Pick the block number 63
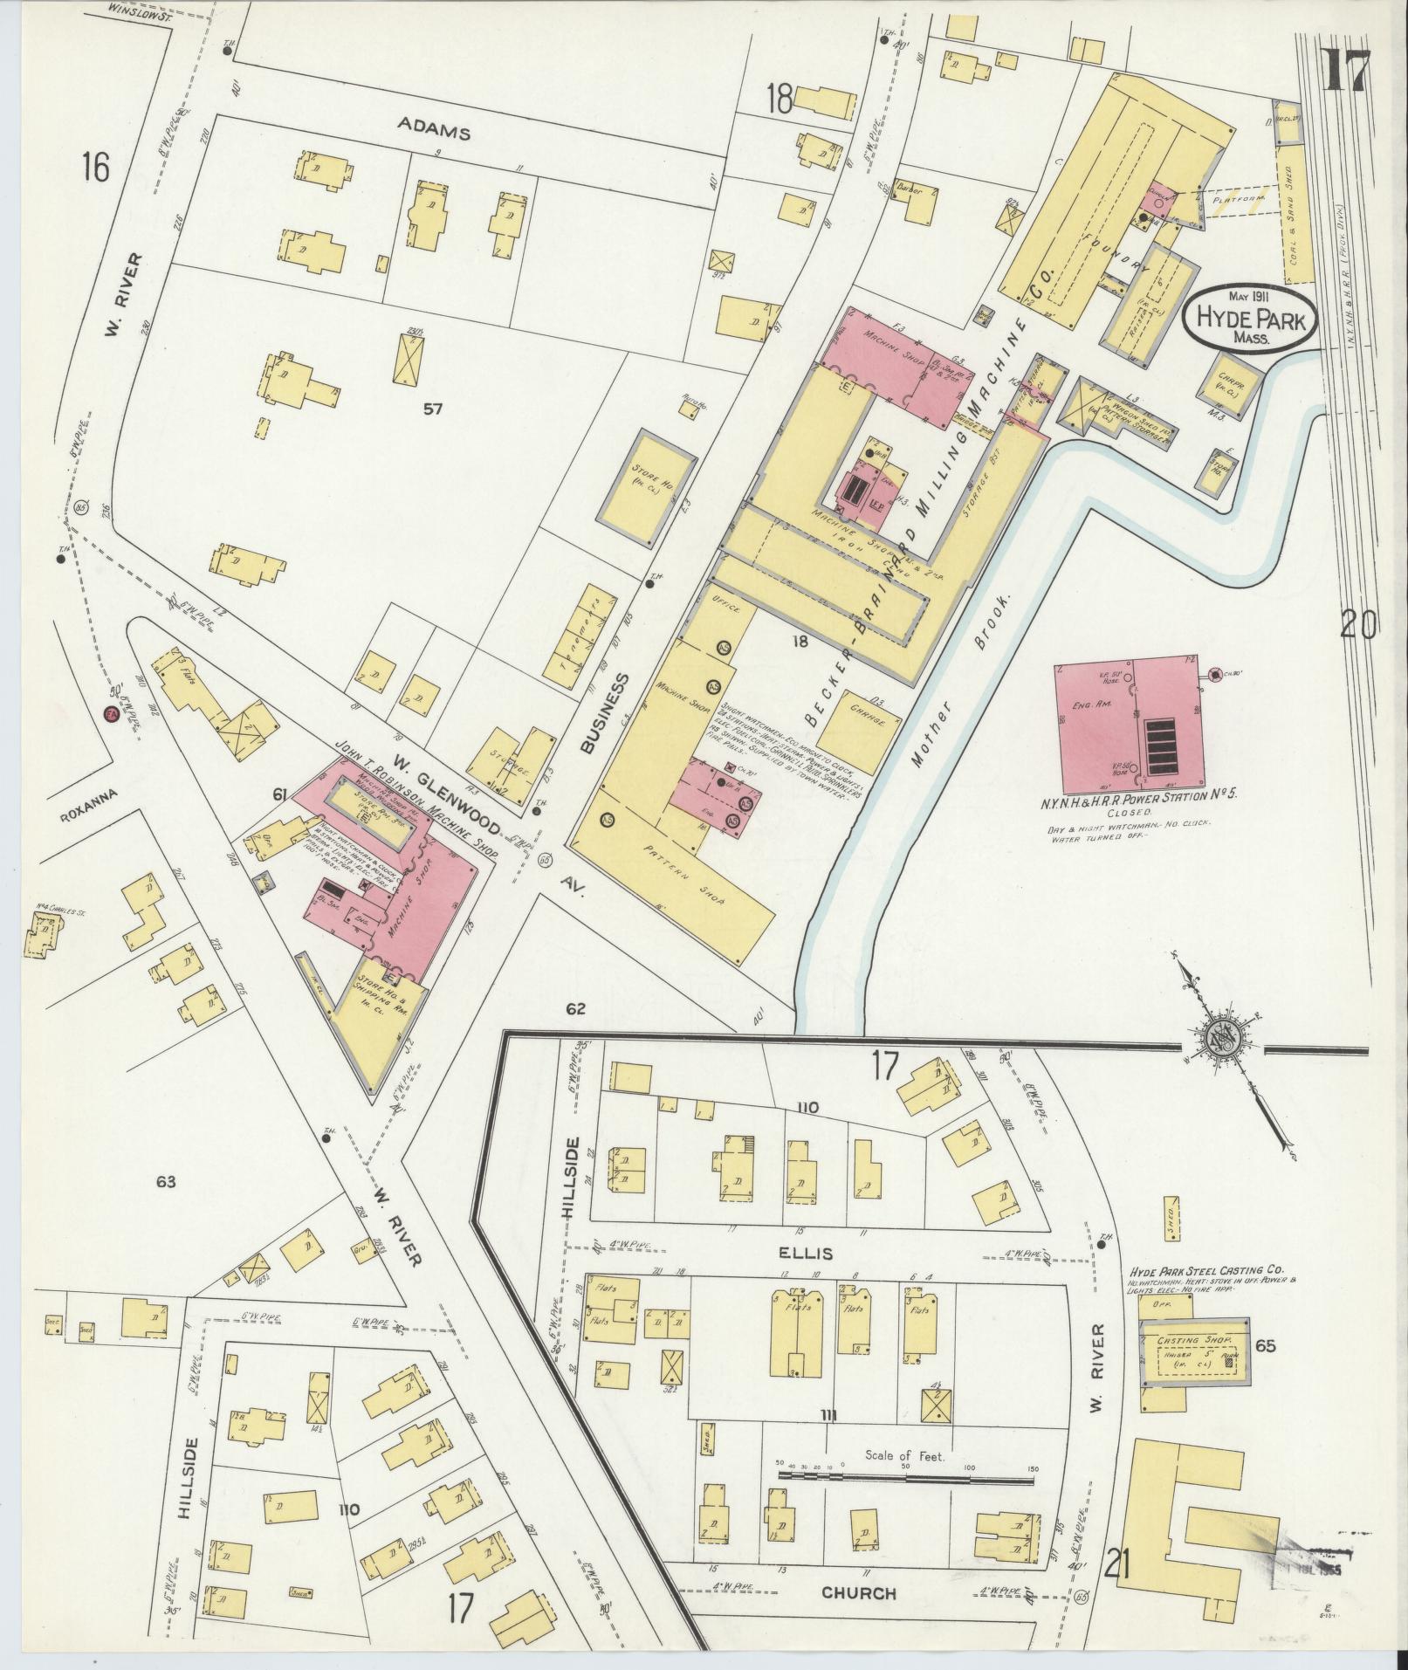[166, 1182]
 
